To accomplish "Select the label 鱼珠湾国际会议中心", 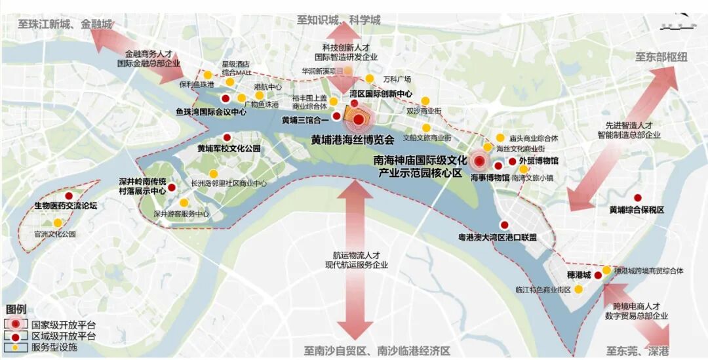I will click(211, 112).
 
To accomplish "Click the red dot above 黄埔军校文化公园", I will click(227, 137).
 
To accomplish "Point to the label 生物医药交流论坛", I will click(66, 206).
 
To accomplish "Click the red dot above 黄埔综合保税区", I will click(637, 198).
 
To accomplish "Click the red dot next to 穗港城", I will click(598, 275).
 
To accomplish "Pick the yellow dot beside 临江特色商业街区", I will click(579, 289).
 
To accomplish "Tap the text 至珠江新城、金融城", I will click(63, 24).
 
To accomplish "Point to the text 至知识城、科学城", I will click(338, 20).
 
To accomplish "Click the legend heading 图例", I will click(16, 309).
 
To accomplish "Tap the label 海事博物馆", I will click(490, 177).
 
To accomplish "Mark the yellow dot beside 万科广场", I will click(369, 79).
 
